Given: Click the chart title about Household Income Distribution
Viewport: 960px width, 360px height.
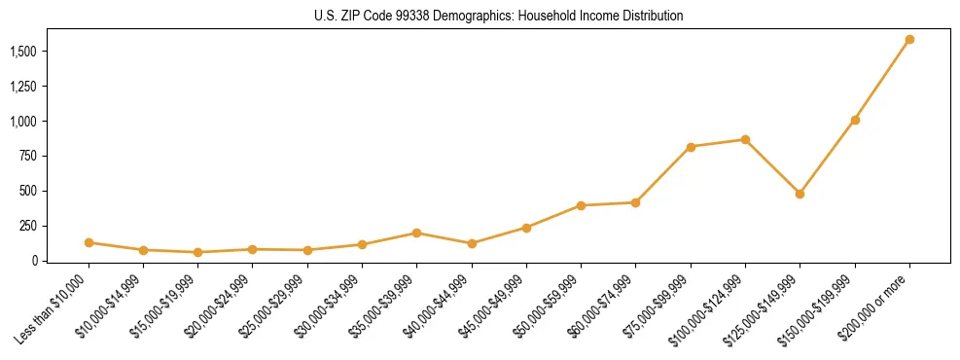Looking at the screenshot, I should pyautogui.click(x=499, y=17).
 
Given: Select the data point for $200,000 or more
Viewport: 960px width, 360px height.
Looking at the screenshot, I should pyautogui.click(x=909, y=40).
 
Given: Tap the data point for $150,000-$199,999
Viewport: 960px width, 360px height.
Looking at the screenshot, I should pyautogui.click(x=855, y=121).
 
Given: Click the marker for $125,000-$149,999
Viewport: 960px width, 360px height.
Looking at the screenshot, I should pyautogui.click(x=800, y=194).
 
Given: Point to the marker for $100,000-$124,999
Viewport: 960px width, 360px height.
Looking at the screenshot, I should pyautogui.click(x=745, y=140).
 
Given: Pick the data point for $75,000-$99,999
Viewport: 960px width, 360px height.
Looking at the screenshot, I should pyautogui.click(x=691, y=147).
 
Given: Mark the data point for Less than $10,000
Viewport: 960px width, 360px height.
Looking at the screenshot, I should pyautogui.click(x=89, y=242).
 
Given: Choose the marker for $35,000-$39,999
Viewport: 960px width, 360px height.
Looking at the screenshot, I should pyautogui.click(x=416, y=233).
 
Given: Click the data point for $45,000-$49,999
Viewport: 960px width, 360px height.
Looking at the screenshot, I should pyautogui.click(x=526, y=228).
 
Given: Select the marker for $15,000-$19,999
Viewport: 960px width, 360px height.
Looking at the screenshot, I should pyautogui.click(x=197, y=252).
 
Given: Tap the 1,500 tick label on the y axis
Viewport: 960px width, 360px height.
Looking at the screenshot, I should pyautogui.click(x=26, y=52).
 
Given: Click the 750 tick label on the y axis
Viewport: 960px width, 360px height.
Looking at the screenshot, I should pyautogui.click(x=33, y=157).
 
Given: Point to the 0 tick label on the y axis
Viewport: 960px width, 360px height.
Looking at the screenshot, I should pyautogui.click(x=39, y=261).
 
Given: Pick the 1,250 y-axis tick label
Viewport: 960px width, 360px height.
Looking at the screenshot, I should pyautogui.click(x=26, y=87).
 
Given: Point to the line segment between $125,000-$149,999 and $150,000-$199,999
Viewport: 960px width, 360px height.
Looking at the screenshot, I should pyautogui.click(x=828, y=157).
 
